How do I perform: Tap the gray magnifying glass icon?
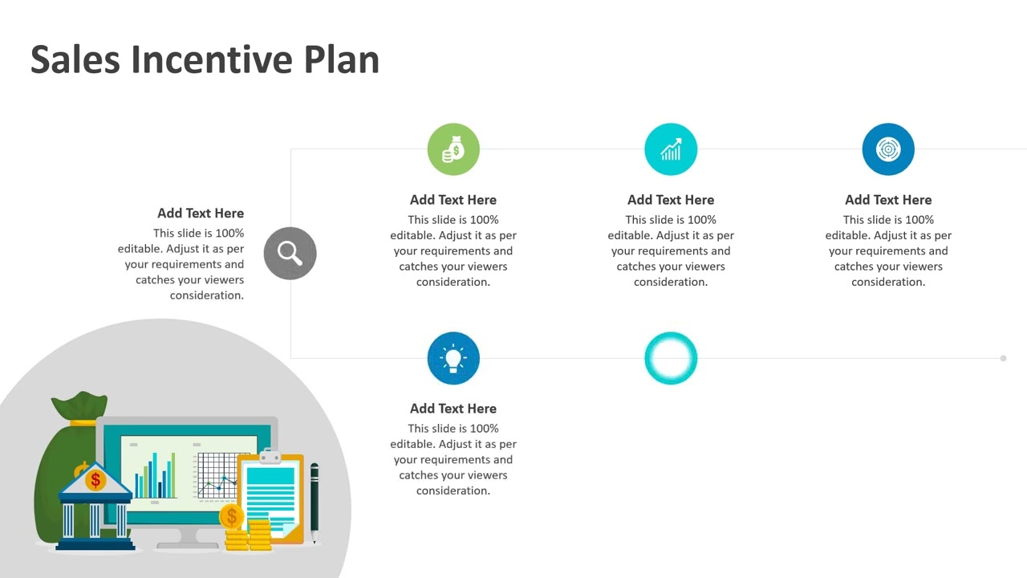[290, 254]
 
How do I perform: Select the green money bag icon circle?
[453, 149]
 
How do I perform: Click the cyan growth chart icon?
[671, 149]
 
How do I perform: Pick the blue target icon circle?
[888, 149]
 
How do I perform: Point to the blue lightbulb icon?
[453, 358]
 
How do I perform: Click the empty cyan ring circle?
[671, 358]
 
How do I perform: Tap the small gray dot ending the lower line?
[1003, 358]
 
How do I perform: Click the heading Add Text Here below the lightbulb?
[453, 409]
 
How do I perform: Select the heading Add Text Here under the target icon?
[888, 200]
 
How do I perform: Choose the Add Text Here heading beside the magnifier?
[201, 214]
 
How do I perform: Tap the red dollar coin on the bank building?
[95, 480]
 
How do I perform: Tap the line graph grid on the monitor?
[217, 475]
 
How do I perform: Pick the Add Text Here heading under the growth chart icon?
[671, 200]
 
